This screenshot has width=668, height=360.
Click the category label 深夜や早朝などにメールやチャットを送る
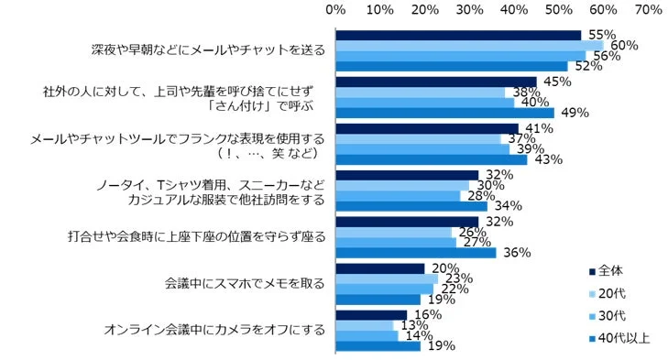(209, 50)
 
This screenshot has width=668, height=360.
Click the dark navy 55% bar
(458, 35)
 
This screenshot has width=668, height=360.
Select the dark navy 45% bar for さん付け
(436, 82)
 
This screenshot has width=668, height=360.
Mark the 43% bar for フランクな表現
(432, 159)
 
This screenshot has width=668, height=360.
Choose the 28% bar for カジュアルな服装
(399, 195)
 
